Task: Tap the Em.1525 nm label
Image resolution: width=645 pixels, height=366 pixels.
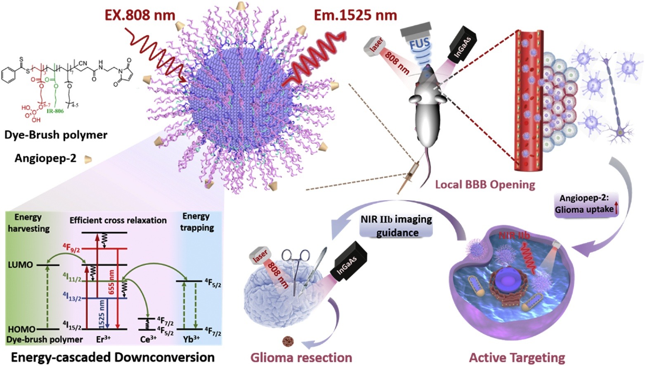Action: pos(355,15)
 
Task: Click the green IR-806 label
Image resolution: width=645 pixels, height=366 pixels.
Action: pos(55,111)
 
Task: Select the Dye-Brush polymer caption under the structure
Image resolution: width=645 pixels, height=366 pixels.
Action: pos(56,135)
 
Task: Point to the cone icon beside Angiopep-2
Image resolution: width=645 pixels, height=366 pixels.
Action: pos(87,159)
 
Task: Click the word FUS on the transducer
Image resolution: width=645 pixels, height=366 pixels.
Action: pos(420,43)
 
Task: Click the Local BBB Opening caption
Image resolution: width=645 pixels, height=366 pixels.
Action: pos(485,184)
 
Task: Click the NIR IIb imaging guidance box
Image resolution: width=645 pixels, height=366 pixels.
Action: pos(396,226)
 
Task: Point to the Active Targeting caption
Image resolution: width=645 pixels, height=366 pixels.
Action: pos(517,357)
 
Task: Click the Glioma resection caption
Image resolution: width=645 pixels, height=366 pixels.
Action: pos(301,357)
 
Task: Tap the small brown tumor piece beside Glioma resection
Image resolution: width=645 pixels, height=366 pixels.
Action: pos(288,341)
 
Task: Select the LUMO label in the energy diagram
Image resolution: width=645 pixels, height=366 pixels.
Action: pos(20,265)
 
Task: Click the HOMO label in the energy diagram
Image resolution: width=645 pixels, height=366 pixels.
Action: pos(21,329)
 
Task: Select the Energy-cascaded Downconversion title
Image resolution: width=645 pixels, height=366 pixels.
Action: pos(113,357)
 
